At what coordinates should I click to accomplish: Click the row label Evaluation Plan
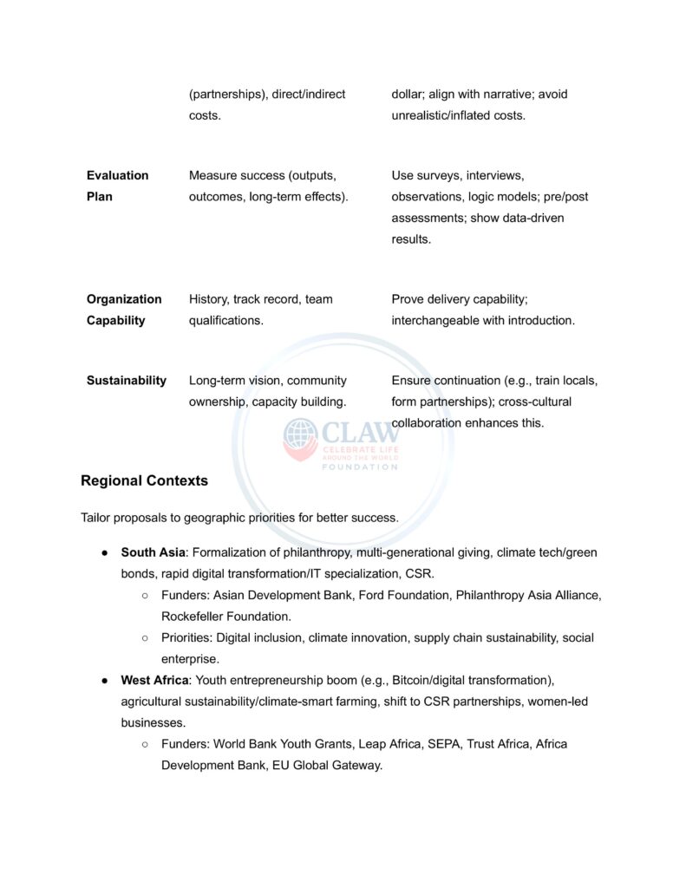point(117,186)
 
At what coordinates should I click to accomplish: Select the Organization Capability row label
point(123,310)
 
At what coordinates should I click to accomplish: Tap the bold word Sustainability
point(126,381)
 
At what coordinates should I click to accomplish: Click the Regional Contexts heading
point(144,480)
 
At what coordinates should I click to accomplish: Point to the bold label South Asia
point(153,552)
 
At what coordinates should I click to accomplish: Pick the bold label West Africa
point(154,680)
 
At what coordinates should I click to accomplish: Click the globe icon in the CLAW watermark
point(300,438)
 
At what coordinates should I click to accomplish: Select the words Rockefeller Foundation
point(225,617)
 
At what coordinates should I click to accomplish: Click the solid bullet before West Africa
point(104,681)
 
